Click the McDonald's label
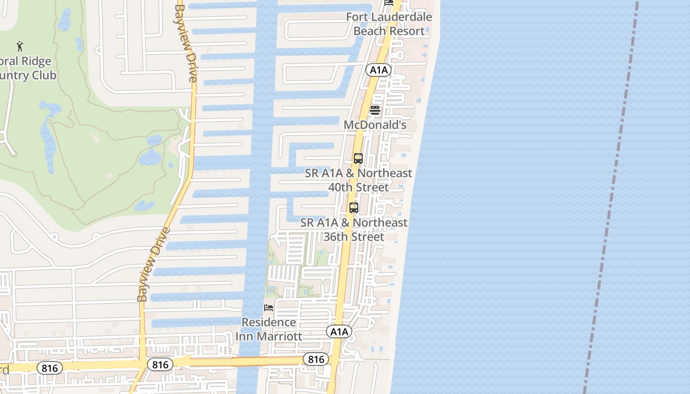[375, 125]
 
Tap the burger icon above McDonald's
[375, 110]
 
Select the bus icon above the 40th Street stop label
[358, 159]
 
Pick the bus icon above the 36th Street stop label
[353, 208]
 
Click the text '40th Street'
[358, 187]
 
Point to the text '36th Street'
[353, 237]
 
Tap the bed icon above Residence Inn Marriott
[269, 308]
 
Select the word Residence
[269, 323]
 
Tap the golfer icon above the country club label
[20, 46]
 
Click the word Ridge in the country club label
[35, 62]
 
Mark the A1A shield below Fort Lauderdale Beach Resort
[379, 70]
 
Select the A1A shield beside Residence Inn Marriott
[339, 331]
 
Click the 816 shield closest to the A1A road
[315, 359]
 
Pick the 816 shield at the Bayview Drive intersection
[160, 365]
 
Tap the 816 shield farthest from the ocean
[50, 368]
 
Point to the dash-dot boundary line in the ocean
[611, 197]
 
